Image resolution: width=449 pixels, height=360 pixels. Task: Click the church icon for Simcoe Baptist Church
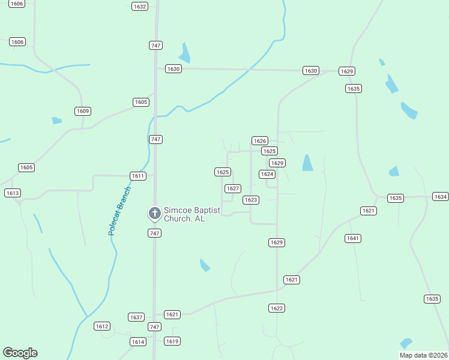154,212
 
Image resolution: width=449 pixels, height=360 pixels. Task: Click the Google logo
20,353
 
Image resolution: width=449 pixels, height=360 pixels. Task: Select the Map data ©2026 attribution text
423,355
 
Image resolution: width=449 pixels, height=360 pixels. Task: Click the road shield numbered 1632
140,7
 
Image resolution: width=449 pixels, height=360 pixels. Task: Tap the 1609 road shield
83,111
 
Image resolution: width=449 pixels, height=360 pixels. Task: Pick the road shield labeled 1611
138,176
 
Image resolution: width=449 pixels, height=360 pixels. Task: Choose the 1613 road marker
13,193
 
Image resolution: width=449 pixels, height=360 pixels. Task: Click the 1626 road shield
259,141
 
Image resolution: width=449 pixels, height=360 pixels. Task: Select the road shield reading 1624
267,174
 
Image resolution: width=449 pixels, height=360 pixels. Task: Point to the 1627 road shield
233,188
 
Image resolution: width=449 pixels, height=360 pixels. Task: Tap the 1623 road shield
251,200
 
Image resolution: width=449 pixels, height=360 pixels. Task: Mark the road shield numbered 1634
441,197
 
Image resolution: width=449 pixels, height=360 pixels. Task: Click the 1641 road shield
353,238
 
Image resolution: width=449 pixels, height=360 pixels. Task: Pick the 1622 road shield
276,308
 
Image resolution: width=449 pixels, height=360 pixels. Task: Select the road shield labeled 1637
136,317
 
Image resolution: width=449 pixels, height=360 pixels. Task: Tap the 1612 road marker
102,326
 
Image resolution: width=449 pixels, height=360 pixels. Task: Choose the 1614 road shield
138,341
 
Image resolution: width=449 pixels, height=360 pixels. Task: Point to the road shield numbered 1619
172,341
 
